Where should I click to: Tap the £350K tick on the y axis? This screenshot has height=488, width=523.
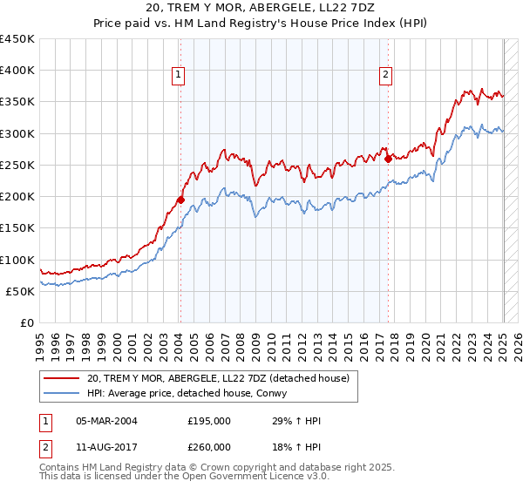point(17,102)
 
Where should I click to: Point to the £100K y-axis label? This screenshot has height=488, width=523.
point(17,260)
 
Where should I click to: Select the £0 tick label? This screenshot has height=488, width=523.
point(26,322)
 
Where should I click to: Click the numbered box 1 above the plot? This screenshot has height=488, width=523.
point(179,75)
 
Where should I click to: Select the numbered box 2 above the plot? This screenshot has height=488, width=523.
point(385,75)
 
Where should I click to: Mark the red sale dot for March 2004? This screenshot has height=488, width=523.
point(180,200)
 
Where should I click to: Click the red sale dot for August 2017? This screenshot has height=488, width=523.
point(388,159)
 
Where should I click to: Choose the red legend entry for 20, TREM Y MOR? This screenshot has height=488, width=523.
point(218,378)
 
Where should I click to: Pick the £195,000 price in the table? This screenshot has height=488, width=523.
point(209,421)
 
